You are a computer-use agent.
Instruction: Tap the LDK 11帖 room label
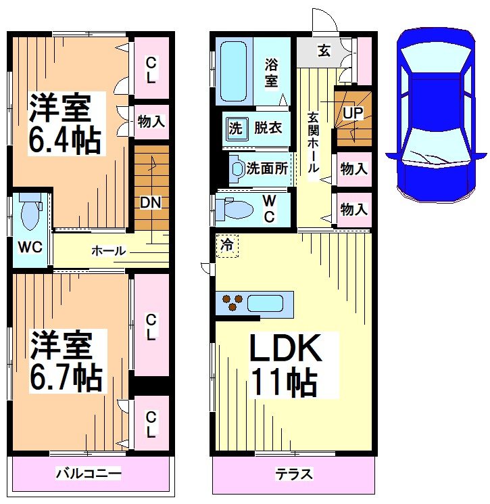(x=284, y=365)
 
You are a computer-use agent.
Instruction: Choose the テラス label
(x=293, y=474)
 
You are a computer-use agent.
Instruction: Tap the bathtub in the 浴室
(x=234, y=71)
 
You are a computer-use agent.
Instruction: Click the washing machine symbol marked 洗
(x=235, y=129)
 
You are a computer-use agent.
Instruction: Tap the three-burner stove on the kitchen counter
(x=230, y=302)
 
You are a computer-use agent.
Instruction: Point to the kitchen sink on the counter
(x=264, y=304)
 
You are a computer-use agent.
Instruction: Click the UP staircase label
(x=352, y=114)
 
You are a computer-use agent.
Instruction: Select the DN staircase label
(x=150, y=202)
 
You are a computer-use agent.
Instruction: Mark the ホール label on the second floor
(x=108, y=251)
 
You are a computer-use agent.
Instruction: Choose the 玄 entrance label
(x=324, y=51)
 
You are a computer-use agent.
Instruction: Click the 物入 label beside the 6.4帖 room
(x=151, y=122)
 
